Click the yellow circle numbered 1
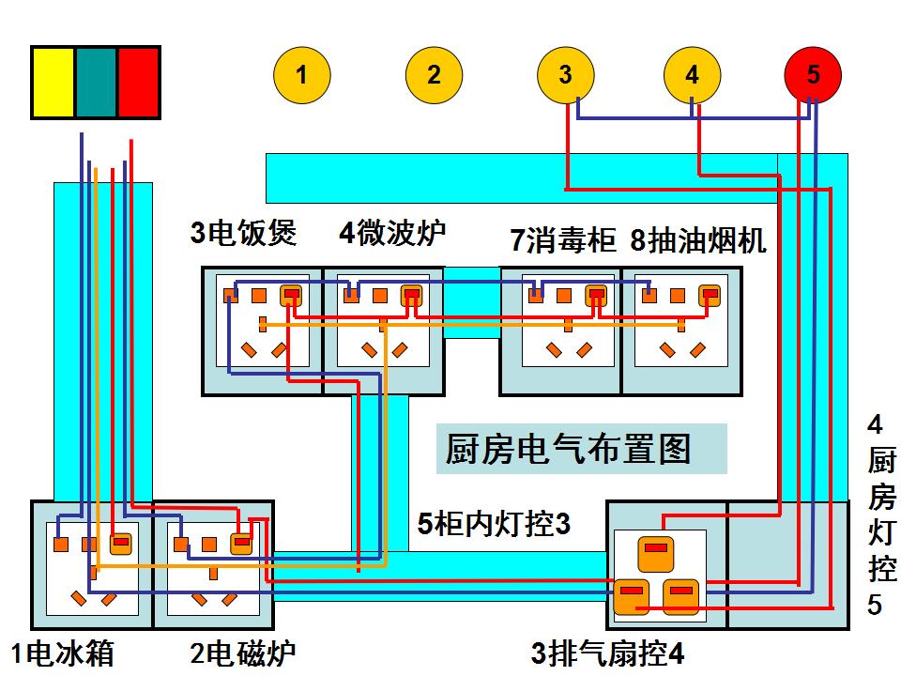click(x=301, y=75)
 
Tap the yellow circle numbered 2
click(x=434, y=75)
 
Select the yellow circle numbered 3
click(x=565, y=75)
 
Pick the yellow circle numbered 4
click(x=692, y=75)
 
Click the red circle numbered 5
click(x=813, y=75)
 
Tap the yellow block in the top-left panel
click(x=53, y=83)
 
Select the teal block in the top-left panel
click(x=96, y=83)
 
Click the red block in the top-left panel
click(x=138, y=83)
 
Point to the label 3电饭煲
click(x=243, y=233)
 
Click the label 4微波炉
click(x=392, y=233)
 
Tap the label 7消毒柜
click(x=562, y=240)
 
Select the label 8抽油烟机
click(x=697, y=240)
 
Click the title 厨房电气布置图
click(x=569, y=450)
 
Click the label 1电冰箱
click(x=62, y=653)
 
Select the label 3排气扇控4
click(x=608, y=653)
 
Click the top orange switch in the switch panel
click(x=655, y=552)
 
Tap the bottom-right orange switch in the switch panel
click(x=682, y=596)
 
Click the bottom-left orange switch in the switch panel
click(x=629, y=596)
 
